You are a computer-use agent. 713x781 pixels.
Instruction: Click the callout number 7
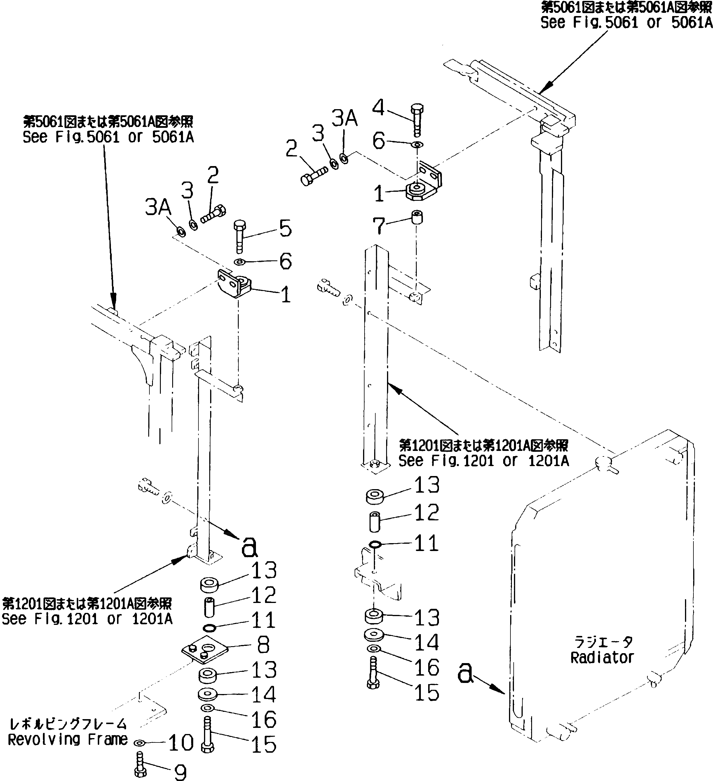click(x=378, y=226)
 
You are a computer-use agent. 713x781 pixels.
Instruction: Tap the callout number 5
click(x=285, y=229)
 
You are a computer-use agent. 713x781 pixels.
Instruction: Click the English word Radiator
click(x=602, y=658)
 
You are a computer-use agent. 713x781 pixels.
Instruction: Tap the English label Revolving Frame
click(x=68, y=740)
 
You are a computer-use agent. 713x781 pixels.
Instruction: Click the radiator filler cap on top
click(x=604, y=462)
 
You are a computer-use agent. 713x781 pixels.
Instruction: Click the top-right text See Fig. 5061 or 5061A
click(x=626, y=22)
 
